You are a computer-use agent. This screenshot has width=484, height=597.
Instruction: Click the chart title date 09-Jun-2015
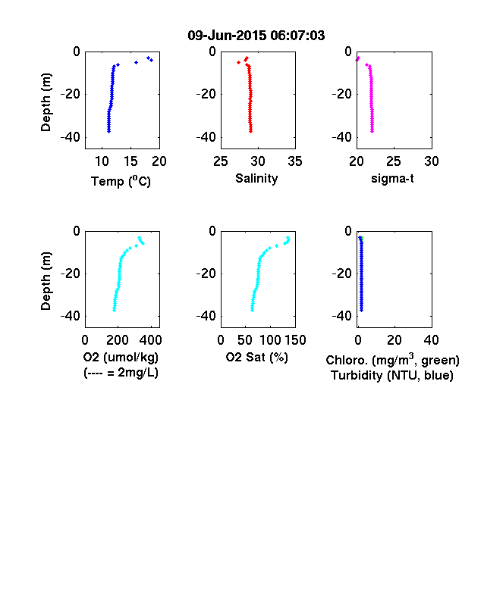[227, 36]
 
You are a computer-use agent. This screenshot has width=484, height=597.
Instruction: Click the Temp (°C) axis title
[121, 181]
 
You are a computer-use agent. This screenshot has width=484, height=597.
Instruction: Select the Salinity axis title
[256, 178]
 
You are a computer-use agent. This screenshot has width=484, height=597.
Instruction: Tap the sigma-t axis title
[392, 178]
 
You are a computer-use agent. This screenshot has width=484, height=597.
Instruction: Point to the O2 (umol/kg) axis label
[121, 357]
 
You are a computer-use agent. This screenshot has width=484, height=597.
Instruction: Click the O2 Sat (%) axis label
[257, 357]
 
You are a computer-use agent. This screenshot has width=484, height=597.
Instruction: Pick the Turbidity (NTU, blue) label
[392, 376]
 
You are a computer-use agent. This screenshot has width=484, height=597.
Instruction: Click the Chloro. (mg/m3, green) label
[392, 359]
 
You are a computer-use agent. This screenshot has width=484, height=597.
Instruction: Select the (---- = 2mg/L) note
[121, 372]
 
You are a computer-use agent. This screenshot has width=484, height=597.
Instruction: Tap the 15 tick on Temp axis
[130, 161]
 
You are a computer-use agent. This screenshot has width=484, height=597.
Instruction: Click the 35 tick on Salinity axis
[295, 161]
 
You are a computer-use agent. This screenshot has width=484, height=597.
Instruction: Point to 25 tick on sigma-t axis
[394, 161]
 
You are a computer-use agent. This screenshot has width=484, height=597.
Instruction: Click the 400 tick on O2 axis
[151, 340]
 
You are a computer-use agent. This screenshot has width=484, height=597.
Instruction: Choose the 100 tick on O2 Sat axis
[271, 340]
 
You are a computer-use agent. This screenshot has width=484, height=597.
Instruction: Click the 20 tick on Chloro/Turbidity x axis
[394, 340]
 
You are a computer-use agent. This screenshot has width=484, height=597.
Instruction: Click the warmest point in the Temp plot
[151, 60]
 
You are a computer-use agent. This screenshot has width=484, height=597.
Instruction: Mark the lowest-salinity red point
[238, 62]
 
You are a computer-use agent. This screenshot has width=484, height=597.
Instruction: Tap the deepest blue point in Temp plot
[108, 131]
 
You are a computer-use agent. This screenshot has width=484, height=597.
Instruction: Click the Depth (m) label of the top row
[46, 102]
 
